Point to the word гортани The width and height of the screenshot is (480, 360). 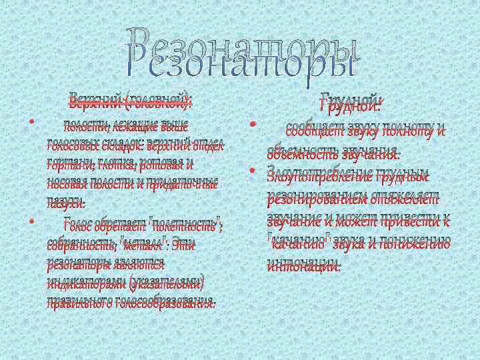pos(66,165)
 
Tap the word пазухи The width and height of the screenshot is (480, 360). pos(66,202)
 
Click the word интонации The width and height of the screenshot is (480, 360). pos(303,265)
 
